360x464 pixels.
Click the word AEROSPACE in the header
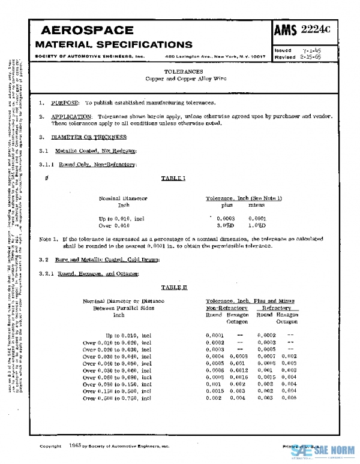pyautogui.click(x=86, y=31)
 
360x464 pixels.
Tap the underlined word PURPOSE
pyautogui.click(x=63, y=104)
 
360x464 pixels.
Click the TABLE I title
pyautogui.click(x=174, y=178)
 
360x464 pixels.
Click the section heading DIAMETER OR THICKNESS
pyautogui.click(x=85, y=137)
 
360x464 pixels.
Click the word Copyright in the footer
pyautogui.click(x=50, y=447)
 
